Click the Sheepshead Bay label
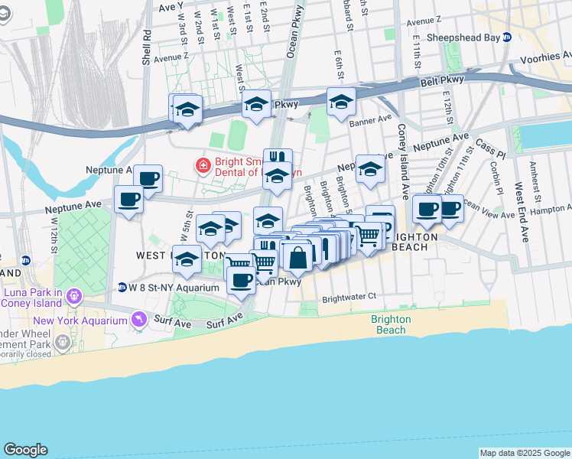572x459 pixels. (x=463, y=37)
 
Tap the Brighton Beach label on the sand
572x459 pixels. (x=391, y=324)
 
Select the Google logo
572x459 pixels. (x=25, y=450)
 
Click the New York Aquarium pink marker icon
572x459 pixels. (x=138, y=319)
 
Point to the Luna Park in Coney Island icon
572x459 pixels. (x=74, y=295)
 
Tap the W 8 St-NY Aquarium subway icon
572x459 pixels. (x=122, y=288)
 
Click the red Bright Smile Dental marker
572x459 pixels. (x=203, y=164)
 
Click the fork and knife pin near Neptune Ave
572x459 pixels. (x=278, y=158)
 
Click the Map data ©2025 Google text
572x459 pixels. (x=524, y=453)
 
